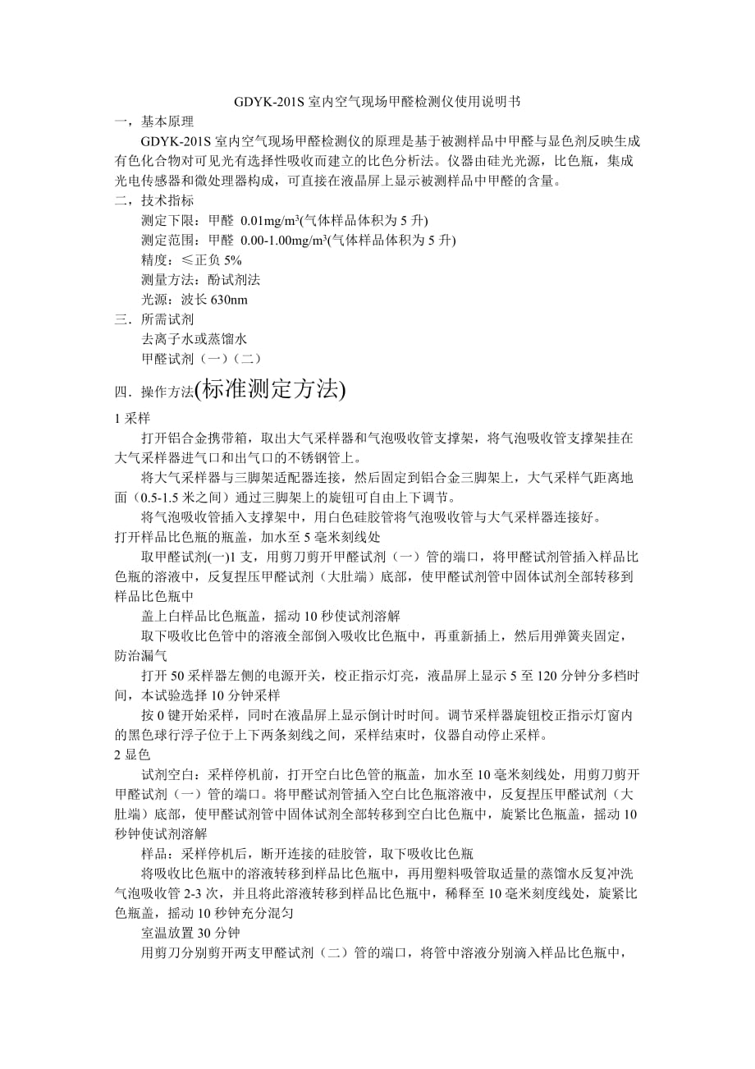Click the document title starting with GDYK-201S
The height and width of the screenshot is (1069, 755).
pyautogui.click(x=377, y=103)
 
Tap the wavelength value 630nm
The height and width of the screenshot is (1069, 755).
pyautogui.click(x=229, y=300)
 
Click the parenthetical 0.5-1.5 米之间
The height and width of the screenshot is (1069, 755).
pyautogui.click(x=181, y=498)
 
